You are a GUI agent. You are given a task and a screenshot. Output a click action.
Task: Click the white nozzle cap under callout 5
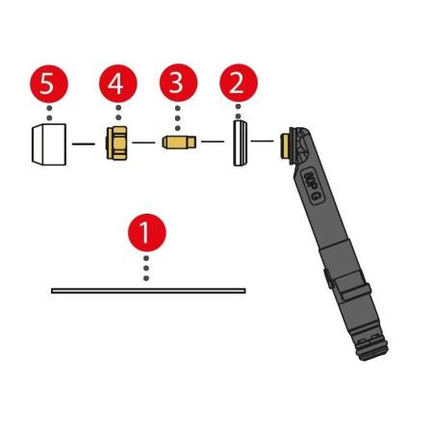(x=47, y=144)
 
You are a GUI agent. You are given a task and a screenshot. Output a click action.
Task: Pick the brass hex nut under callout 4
(x=116, y=144)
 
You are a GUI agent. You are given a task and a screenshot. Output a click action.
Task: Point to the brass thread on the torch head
(x=284, y=146)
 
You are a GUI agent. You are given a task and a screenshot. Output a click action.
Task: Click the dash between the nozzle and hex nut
(x=83, y=144)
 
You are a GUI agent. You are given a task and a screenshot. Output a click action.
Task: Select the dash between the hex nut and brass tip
(x=144, y=144)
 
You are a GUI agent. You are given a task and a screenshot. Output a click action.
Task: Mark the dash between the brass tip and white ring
(x=211, y=144)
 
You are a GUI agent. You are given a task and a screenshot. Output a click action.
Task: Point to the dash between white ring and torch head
(x=263, y=144)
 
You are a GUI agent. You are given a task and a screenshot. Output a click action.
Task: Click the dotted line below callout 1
(x=146, y=267)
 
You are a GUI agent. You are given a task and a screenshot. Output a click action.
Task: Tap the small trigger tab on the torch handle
(x=328, y=280)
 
